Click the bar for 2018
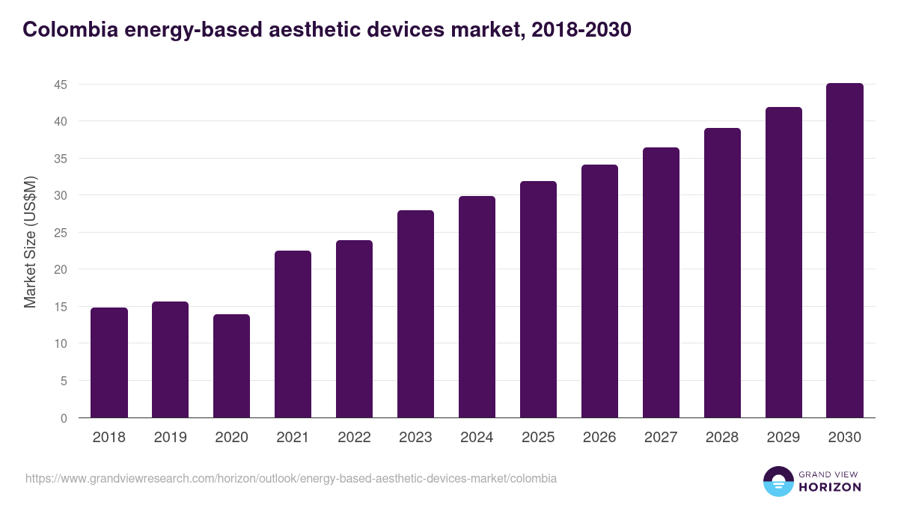[x=109, y=363]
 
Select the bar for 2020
[x=232, y=366]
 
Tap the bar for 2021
[x=293, y=334]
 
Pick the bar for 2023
[x=415, y=314]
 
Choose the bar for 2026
[x=599, y=291]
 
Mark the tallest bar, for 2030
[x=845, y=251]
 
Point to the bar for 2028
[x=722, y=273]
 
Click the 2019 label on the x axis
[x=171, y=438]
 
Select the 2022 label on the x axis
[x=355, y=438]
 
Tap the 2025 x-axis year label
[x=538, y=438]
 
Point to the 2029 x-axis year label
[x=784, y=438]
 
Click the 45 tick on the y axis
[x=61, y=85]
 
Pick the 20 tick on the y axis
[x=61, y=269]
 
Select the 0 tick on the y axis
[x=64, y=418]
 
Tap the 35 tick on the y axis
[x=61, y=159]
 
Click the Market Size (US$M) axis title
[x=30, y=242]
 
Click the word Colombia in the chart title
[x=64, y=29]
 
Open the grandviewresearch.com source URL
[x=291, y=478]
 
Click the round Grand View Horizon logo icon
[x=778, y=481]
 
